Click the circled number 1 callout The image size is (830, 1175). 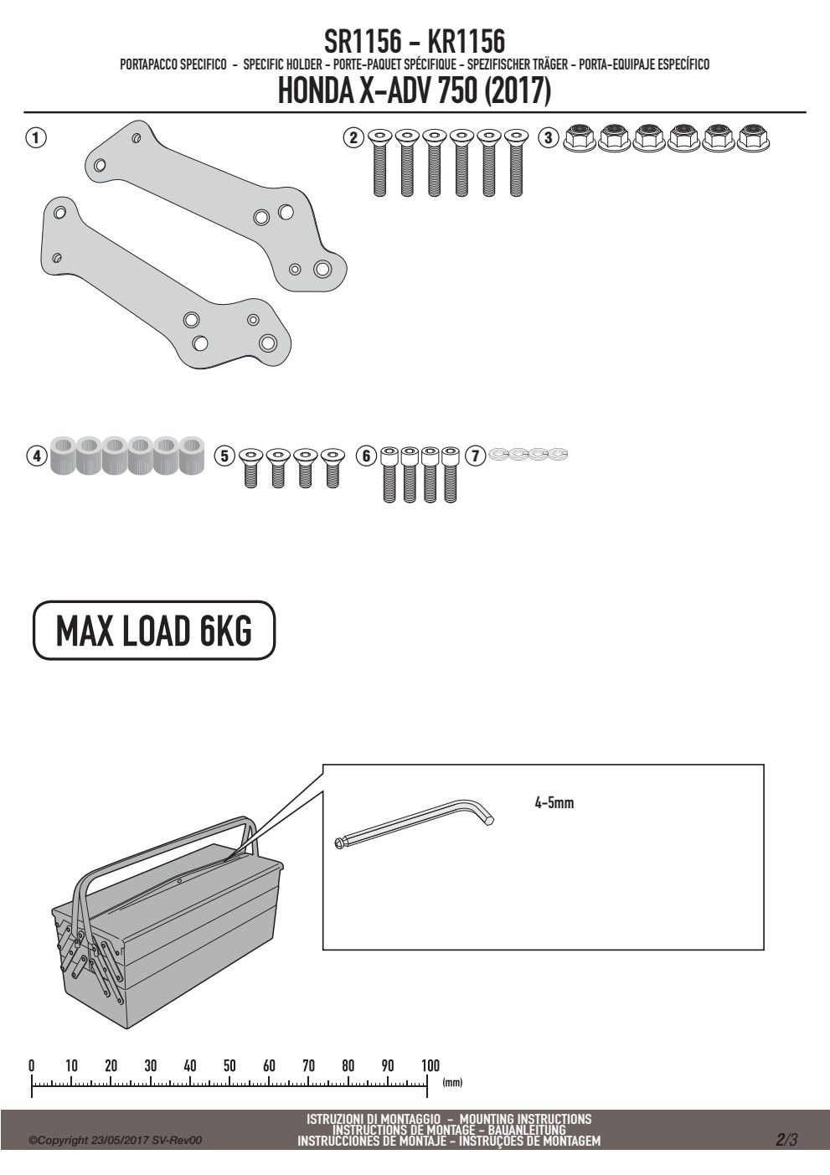click(36, 138)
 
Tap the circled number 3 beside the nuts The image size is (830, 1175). click(549, 138)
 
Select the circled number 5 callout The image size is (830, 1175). click(224, 456)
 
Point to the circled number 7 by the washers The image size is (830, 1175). click(476, 456)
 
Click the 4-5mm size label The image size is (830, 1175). click(554, 802)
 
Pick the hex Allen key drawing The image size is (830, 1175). click(415, 821)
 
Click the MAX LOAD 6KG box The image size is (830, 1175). click(154, 630)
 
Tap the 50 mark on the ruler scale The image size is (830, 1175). click(229, 1065)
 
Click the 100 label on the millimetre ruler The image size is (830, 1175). click(430, 1065)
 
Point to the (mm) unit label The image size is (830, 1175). click(452, 1082)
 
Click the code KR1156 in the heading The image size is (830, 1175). click(467, 41)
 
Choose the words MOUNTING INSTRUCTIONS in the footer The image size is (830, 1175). click(525, 1119)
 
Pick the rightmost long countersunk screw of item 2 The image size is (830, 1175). click(516, 163)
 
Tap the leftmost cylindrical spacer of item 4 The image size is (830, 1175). click(64, 455)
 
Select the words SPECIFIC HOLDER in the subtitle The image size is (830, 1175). click(283, 64)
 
